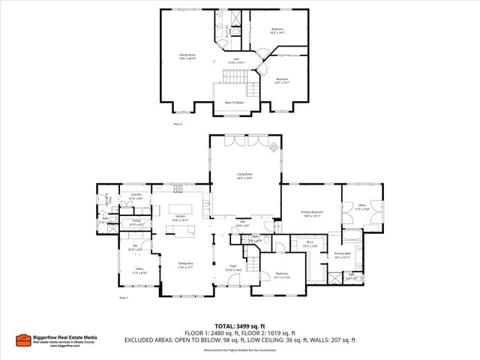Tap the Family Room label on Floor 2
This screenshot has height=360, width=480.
click(x=187, y=56)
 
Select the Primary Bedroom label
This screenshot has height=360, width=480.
click(x=311, y=214)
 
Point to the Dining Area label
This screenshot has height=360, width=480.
click(x=185, y=265)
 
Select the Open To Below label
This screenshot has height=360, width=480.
click(x=234, y=103)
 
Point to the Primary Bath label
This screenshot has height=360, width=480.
click(x=342, y=255)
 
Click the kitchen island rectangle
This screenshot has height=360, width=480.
click(x=179, y=208)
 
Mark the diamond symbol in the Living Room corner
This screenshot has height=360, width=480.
click(x=274, y=146)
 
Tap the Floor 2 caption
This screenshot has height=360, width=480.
click(x=178, y=122)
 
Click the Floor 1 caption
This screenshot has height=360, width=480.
click(x=124, y=298)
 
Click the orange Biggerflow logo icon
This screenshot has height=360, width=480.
click(x=24, y=340)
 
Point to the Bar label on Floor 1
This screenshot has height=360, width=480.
click(x=136, y=244)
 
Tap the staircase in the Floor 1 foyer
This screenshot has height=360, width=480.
click(x=253, y=262)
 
